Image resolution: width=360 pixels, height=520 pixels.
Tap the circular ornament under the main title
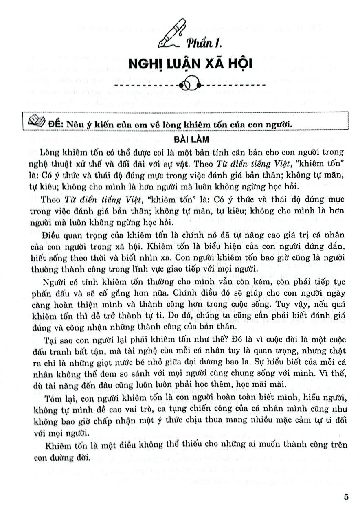tap(189, 85)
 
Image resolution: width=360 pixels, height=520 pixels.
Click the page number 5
tap(346, 496)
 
